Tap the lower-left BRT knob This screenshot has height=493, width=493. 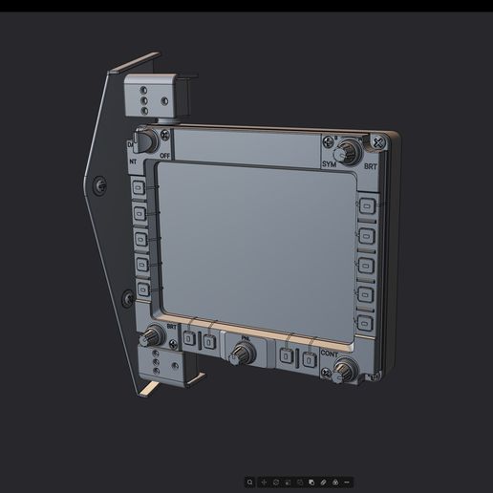[152, 336]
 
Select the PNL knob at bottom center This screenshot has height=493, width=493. [242, 353]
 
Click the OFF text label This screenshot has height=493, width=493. [165, 155]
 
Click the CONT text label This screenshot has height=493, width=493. [329, 354]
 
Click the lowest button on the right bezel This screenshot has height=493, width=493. [364, 323]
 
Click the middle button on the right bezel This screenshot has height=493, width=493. [365, 265]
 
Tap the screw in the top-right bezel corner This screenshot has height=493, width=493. [378, 143]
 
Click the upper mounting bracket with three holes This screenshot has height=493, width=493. [149, 96]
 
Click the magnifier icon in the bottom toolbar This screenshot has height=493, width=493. [250, 482]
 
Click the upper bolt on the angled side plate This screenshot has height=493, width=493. [99, 182]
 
